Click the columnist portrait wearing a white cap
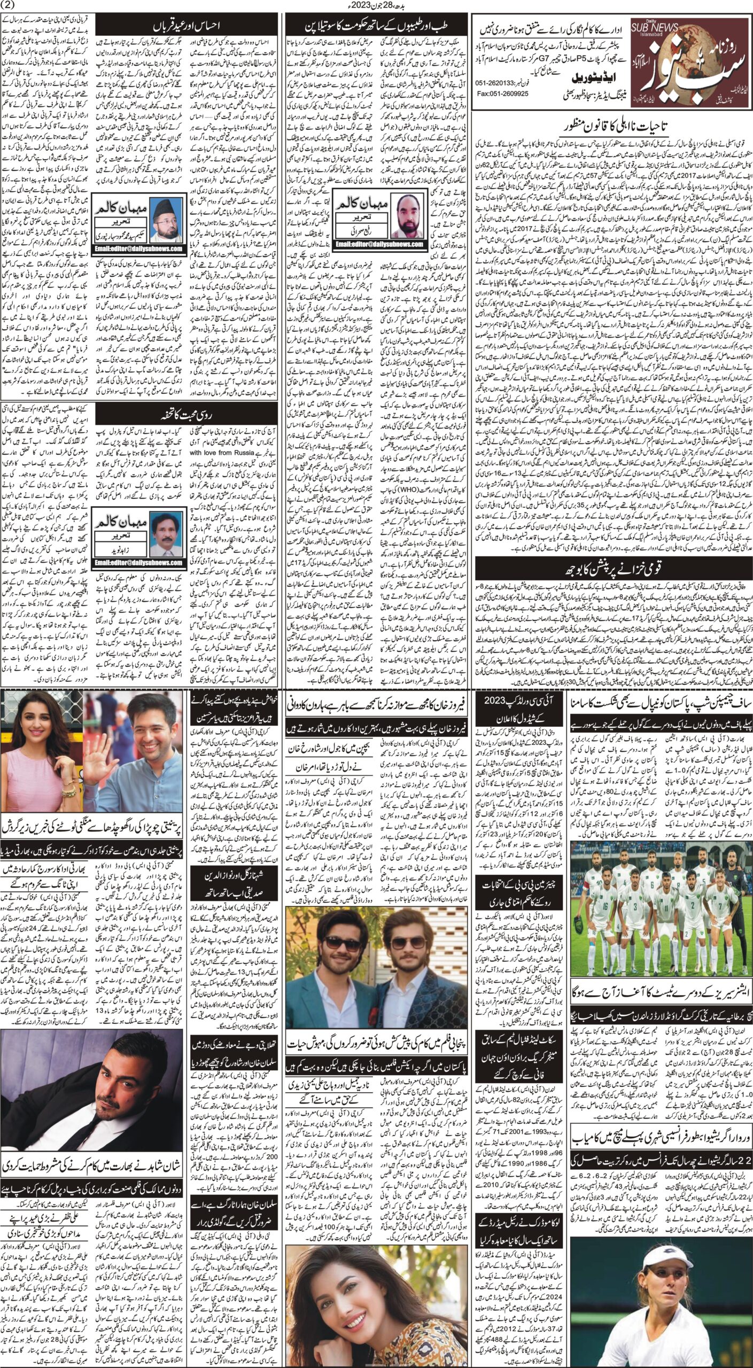click(166, 221)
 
